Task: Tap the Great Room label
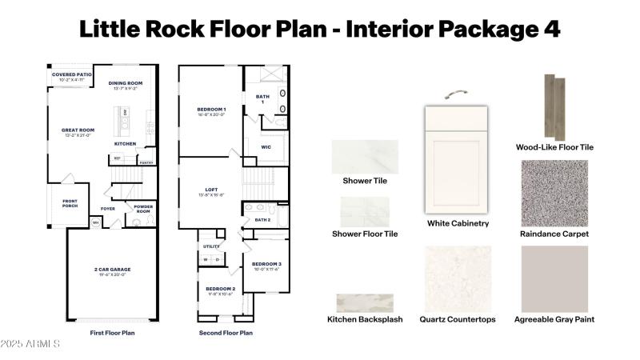(78, 130)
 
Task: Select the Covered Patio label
(72, 74)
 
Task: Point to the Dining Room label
(126, 83)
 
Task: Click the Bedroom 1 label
(211, 109)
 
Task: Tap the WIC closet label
(266, 147)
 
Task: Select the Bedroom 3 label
(266, 263)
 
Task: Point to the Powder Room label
(145, 209)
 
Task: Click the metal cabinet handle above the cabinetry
(457, 95)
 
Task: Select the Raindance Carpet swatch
(554, 193)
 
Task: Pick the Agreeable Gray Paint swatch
(554, 278)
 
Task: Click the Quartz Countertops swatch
(457, 278)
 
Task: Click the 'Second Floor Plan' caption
(226, 333)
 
